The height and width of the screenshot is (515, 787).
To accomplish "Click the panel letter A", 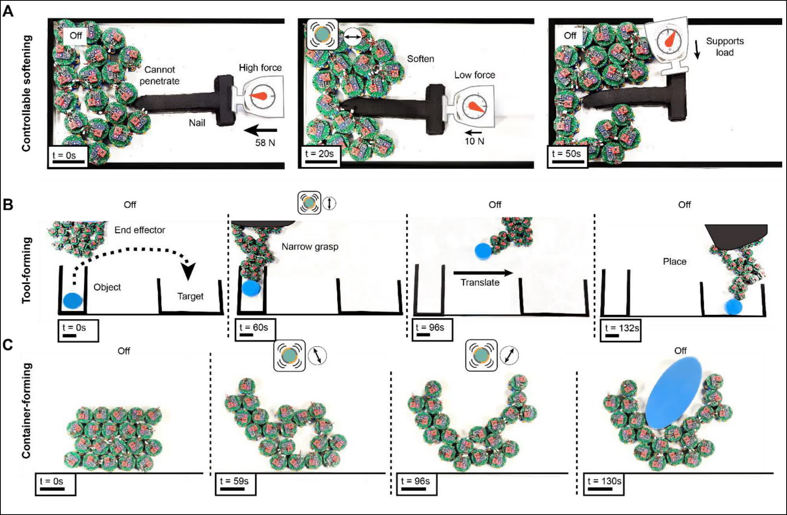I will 8,11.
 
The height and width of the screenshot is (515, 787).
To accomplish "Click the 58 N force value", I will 265,143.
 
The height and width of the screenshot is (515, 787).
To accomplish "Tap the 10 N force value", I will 474,141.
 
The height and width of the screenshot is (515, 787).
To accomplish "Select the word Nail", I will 197,123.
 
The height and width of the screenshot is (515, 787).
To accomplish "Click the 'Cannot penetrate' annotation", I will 159,75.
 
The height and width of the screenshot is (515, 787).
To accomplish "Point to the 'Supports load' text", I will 724,47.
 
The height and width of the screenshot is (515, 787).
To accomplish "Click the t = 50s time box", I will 567,156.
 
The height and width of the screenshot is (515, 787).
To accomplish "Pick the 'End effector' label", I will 140,230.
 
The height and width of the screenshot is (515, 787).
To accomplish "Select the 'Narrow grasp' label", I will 310,246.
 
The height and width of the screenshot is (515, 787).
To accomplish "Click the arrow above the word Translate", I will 483,272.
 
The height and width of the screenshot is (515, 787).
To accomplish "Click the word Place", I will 674,261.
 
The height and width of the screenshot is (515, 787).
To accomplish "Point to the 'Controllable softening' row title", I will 26,93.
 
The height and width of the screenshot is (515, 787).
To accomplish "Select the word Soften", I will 420,59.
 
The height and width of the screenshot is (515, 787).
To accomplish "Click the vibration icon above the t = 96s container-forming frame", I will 481,355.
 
